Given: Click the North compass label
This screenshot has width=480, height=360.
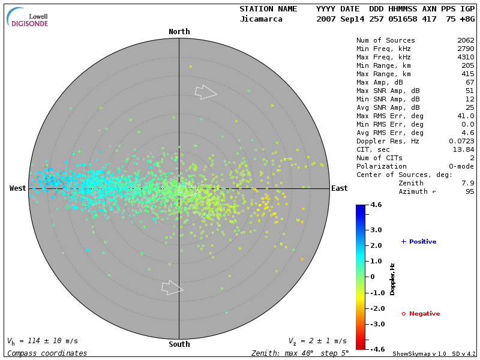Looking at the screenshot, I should (179, 32).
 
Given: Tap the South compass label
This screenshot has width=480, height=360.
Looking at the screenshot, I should (179, 344).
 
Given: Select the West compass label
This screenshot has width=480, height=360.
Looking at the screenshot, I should (17, 188).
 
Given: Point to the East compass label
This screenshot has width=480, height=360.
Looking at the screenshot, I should (339, 188).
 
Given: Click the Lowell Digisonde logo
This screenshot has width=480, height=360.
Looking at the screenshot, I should (28, 17).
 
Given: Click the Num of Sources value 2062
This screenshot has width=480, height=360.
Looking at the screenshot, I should (466, 41).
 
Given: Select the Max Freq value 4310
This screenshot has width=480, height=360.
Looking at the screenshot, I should (466, 58).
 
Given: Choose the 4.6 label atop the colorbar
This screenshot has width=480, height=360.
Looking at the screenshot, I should (376, 205).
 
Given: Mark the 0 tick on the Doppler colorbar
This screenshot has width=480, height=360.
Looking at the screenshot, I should (373, 277).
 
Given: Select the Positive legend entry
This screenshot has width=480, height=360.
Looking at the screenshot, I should (419, 242).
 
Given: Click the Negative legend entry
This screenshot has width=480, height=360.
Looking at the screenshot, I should (421, 314).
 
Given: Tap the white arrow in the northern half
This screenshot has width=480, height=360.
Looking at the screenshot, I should (206, 92).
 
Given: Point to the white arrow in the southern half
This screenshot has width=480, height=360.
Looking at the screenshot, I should (172, 288).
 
